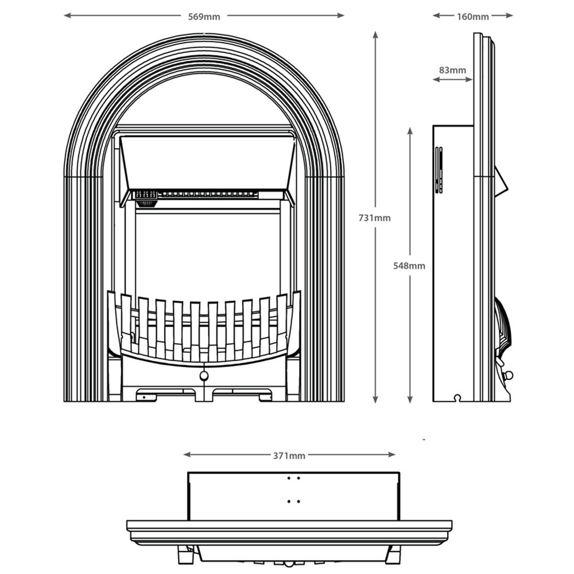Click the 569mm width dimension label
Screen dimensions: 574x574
(x=204, y=16)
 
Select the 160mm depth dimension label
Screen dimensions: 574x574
(x=473, y=16)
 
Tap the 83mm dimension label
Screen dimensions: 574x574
(x=452, y=70)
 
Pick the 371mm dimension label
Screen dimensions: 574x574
(x=289, y=456)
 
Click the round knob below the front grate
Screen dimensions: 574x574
(x=203, y=376)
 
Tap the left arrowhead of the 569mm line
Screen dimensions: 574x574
(x=67, y=15)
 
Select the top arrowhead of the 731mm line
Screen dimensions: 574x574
(x=375, y=34)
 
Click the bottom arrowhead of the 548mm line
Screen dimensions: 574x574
(x=410, y=400)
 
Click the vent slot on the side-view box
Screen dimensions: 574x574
(x=439, y=170)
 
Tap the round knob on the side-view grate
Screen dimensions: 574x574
(x=507, y=375)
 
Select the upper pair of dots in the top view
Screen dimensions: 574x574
(x=293, y=478)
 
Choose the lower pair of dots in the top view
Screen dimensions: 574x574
(x=293, y=501)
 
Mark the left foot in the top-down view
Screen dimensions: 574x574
(x=185, y=556)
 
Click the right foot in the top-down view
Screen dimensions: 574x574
(x=394, y=556)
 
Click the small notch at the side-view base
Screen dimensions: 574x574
(x=457, y=397)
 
